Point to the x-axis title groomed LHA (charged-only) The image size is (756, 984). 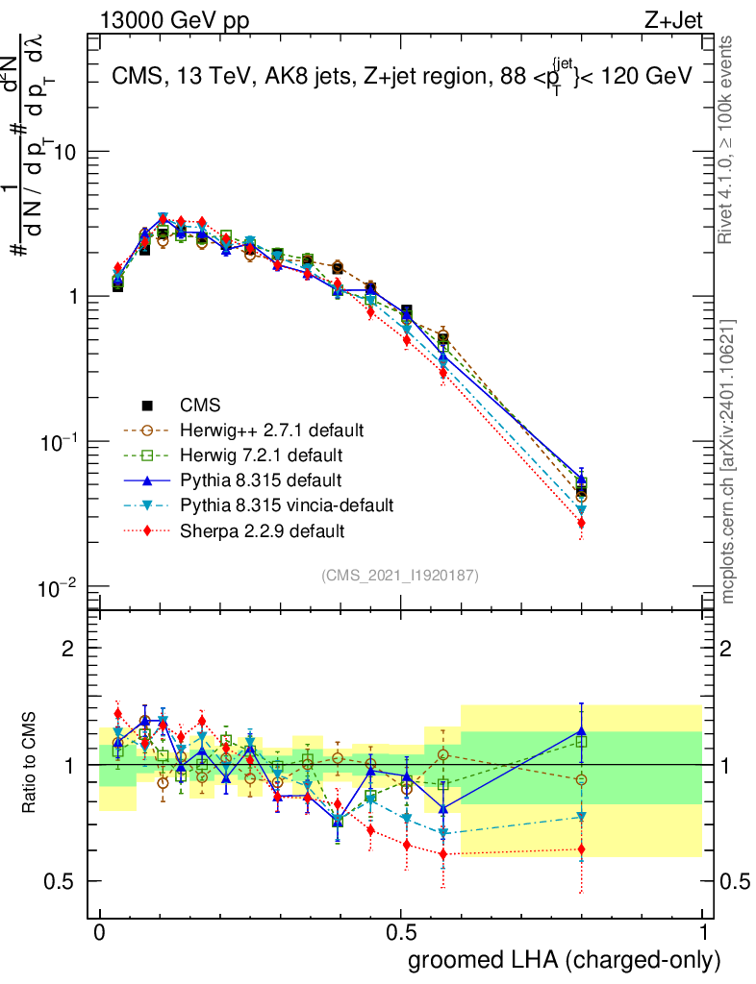tap(565, 959)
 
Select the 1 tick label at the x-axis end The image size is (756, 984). tap(703, 933)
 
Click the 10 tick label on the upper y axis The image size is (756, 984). tap(64, 152)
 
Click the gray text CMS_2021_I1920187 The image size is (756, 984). tap(400, 575)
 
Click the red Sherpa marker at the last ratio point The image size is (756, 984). tap(581, 849)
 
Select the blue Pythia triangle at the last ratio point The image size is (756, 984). tap(581, 731)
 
